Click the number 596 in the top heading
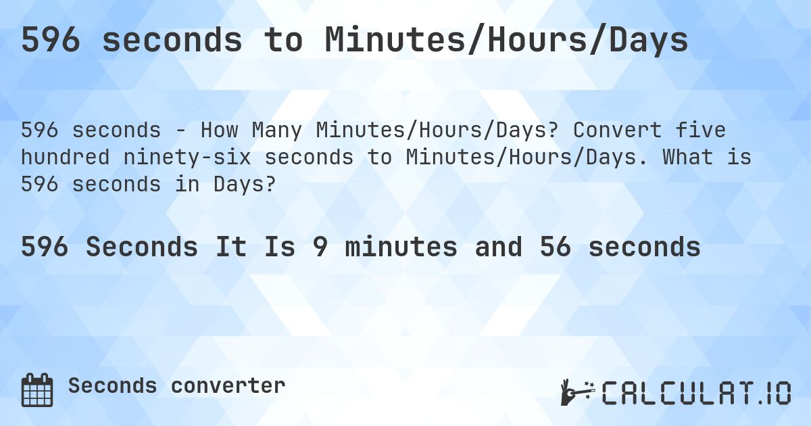[52, 41]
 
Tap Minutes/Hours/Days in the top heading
[506, 41]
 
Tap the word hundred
[64, 157]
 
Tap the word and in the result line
[498, 247]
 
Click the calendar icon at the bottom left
[37, 389]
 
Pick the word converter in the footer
[228, 386]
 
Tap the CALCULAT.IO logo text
[697, 393]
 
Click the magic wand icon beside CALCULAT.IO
[576, 392]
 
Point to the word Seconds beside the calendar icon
[112, 386]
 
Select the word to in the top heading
[283, 41]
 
